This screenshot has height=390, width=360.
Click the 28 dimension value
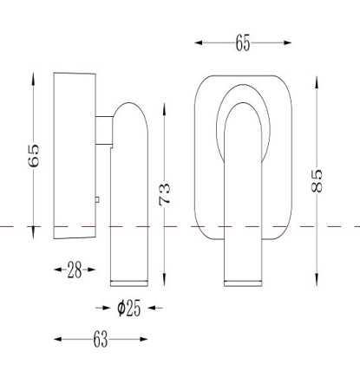pos(75,270)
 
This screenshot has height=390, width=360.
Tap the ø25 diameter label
pos(129,308)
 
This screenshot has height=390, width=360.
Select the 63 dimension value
pos(101,339)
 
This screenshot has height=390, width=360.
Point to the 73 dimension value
pos(165,194)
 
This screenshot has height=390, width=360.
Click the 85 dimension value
pos(317,181)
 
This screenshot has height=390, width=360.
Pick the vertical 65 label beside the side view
pos(34,155)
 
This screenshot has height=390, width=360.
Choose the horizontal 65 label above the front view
pos(243,42)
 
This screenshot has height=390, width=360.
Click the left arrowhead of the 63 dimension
pos(58,339)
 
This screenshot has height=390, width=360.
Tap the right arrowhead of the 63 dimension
pos(144,339)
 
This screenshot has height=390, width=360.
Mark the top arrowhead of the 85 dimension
pos(317,83)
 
